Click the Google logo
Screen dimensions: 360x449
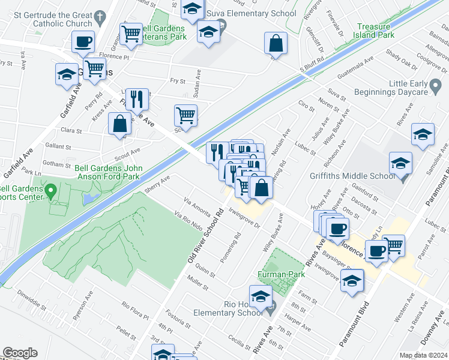[x=19, y=353]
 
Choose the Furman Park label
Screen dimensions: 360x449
[x=278, y=274]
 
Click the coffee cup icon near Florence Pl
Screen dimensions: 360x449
[x=83, y=41]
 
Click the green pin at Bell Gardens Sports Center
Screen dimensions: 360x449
[x=51, y=192]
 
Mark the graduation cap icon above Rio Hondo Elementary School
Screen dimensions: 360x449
[x=261, y=296]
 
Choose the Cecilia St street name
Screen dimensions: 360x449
[x=240, y=342]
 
